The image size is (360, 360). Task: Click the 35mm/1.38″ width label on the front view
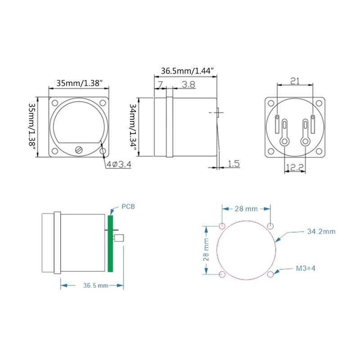[79, 83]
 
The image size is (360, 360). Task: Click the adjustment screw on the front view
[79, 149]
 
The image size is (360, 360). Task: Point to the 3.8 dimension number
[189, 84]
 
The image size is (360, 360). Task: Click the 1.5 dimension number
[233, 164]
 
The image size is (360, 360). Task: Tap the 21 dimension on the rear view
[295, 81]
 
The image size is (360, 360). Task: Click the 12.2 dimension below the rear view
[294, 167]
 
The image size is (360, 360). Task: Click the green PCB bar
[110, 243]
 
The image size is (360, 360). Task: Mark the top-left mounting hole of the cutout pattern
[222, 225]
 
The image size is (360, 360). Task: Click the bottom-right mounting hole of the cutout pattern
[270, 274]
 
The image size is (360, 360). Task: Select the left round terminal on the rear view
[284, 141]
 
